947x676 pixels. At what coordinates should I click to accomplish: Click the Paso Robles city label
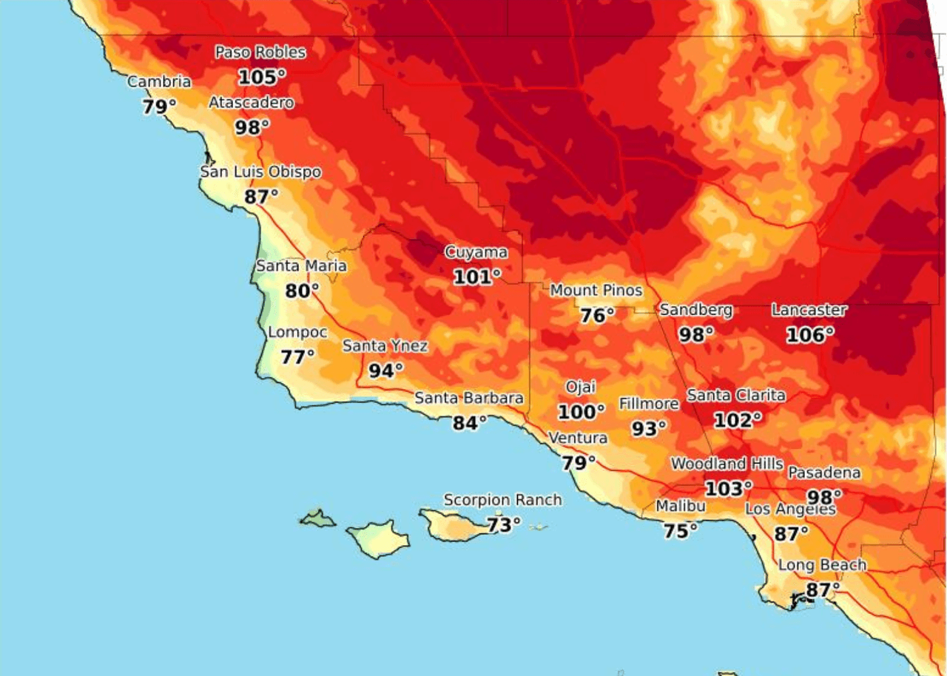point(260,53)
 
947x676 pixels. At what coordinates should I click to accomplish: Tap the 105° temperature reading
point(262,77)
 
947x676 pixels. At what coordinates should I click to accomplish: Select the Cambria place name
point(159,82)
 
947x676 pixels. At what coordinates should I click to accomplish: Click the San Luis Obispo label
point(261,172)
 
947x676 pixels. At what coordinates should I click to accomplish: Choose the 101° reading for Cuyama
point(476,277)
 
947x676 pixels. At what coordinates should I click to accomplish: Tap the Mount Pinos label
point(596,291)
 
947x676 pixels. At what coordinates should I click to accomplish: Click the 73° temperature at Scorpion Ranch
point(503,525)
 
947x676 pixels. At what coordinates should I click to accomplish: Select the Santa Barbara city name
point(469,398)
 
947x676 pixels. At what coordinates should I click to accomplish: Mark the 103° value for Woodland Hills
point(728,488)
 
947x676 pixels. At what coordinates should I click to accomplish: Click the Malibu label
point(681,507)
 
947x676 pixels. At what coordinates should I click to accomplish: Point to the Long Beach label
point(822,566)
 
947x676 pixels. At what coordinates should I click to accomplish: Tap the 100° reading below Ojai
point(581,411)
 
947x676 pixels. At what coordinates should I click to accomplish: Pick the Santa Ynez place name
point(385,346)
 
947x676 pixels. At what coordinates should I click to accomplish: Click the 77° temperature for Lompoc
point(297,357)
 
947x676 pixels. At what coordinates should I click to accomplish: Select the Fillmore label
point(649,404)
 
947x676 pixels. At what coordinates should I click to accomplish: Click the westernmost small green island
point(317,518)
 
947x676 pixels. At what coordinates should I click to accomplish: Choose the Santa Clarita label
point(736,396)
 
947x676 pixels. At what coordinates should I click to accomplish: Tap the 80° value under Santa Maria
point(302,291)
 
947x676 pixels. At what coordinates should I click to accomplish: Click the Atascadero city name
point(252,103)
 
